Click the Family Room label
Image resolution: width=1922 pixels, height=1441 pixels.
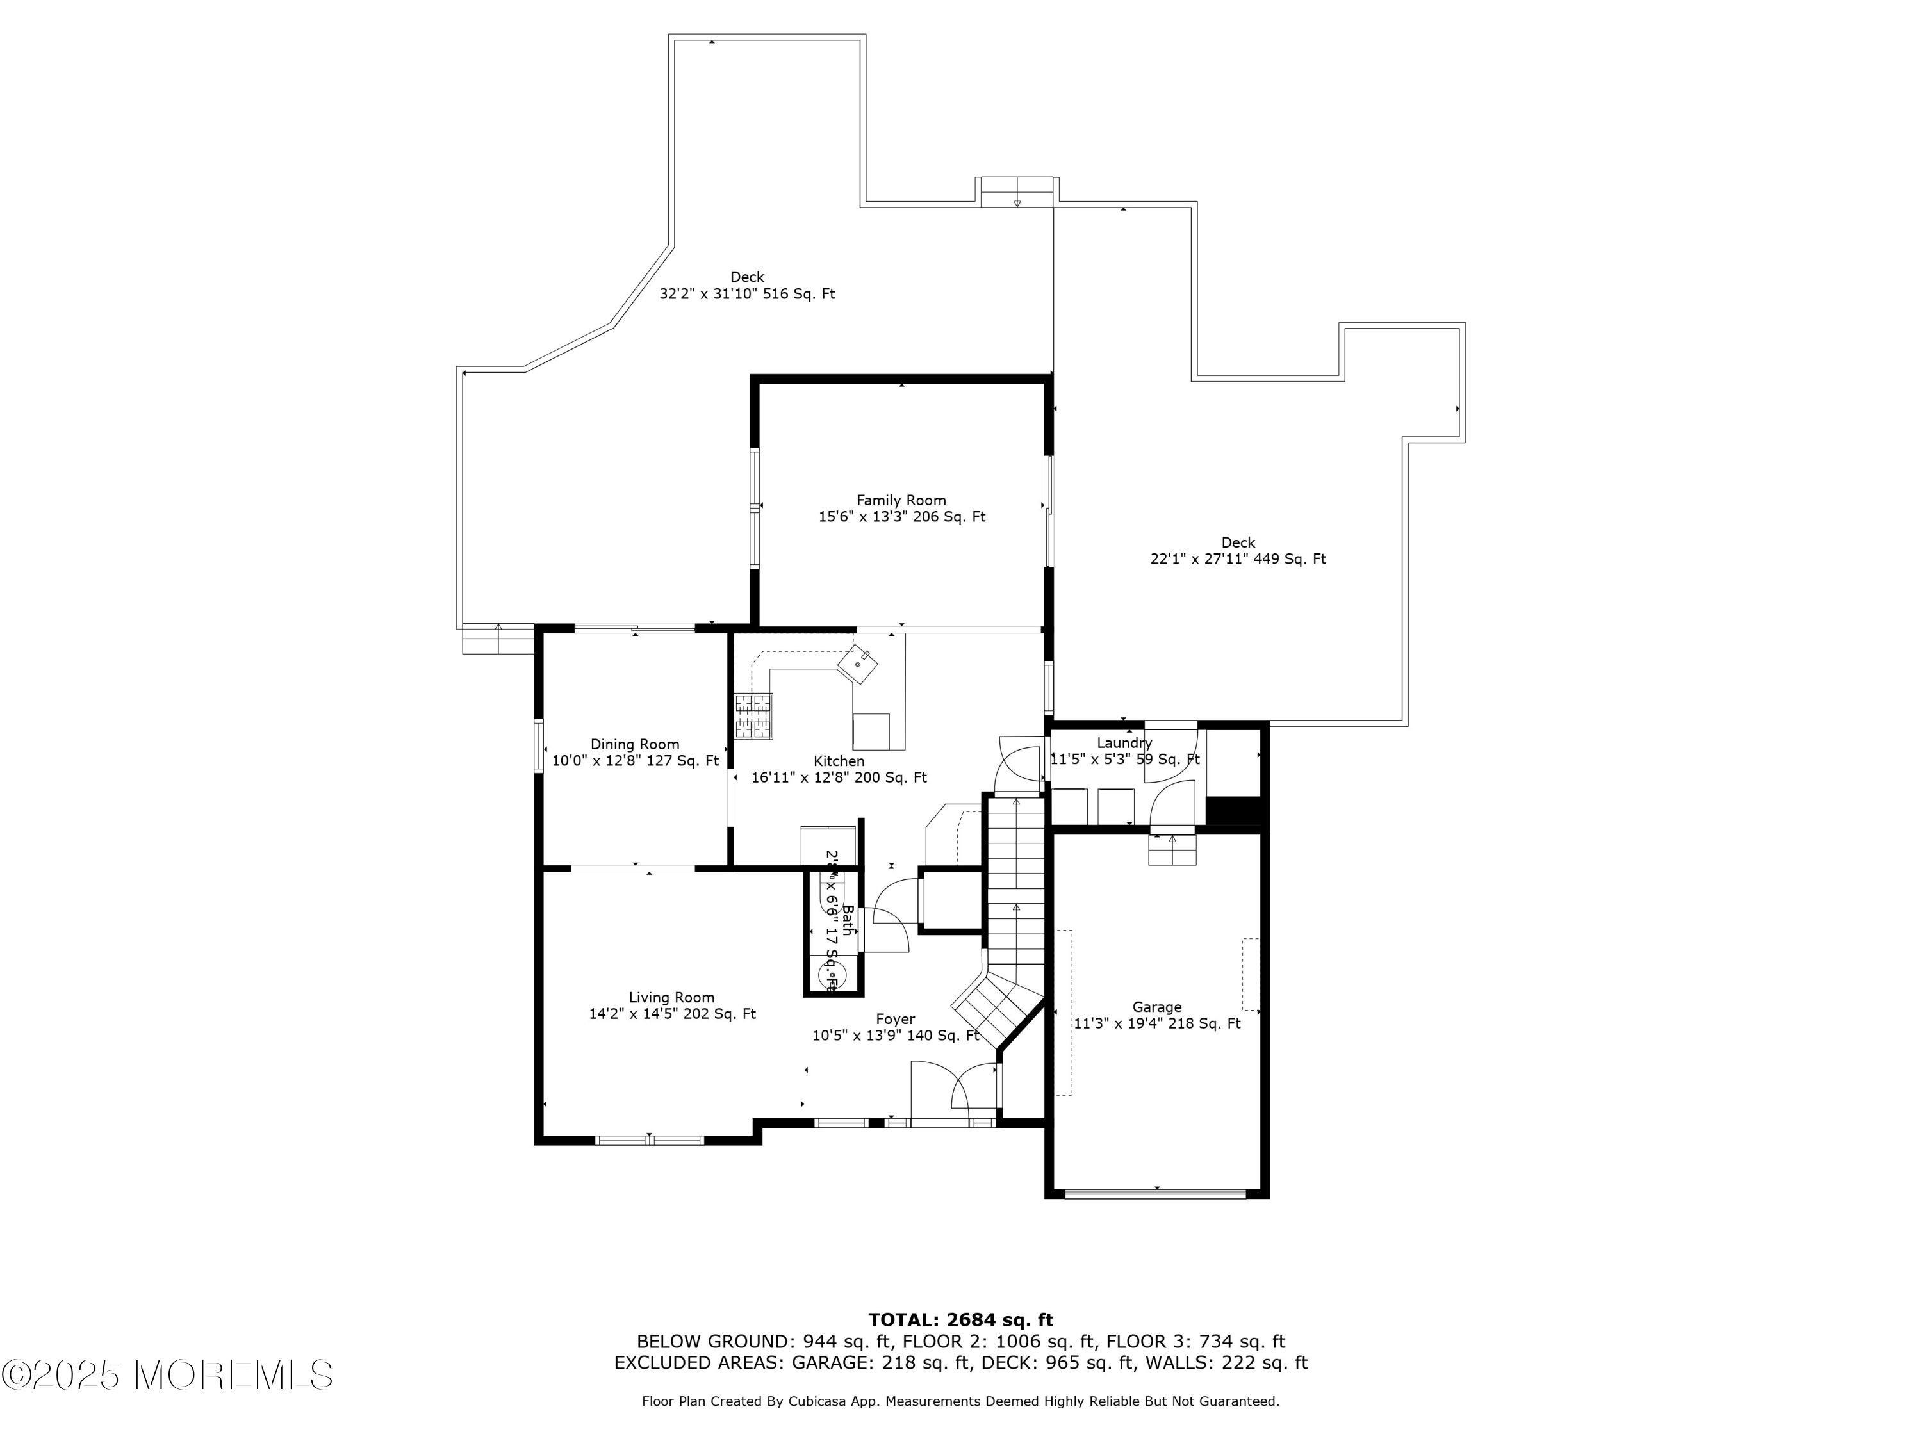tap(901, 500)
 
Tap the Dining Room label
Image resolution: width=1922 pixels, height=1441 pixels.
tap(634, 744)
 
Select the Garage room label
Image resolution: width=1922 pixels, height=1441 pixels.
tap(1156, 1007)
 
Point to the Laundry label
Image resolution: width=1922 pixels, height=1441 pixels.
tap(1124, 744)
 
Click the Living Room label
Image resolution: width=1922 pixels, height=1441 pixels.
tap(671, 998)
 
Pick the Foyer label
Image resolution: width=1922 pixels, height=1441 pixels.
tap(895, 1020)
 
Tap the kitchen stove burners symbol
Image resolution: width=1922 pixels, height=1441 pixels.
tap(753, 717)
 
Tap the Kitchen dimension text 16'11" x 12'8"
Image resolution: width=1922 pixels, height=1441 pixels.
tap(839, 778)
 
